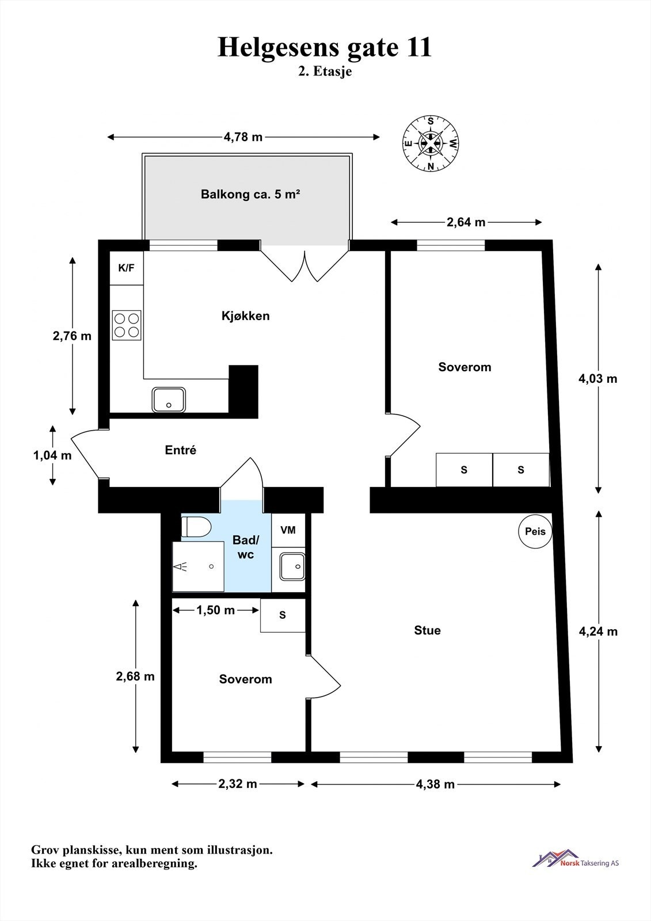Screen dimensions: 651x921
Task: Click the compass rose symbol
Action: [431, 143]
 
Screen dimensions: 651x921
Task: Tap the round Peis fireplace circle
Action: [535, 531]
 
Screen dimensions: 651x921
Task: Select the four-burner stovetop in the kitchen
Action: [127, 325]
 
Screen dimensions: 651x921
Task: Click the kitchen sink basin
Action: [169, 399]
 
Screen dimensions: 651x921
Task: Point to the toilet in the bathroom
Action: [196, 527]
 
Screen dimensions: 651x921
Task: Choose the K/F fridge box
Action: [126, 268]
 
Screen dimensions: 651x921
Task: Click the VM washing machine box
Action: [288, 530]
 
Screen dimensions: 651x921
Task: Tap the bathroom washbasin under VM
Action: [292, 566]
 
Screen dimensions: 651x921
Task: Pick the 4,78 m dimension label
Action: [243, 137]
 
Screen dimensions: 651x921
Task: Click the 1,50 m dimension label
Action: [215, 610]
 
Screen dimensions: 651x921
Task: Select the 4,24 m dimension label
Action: [599, 631]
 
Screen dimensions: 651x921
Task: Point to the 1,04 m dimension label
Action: [52, 455]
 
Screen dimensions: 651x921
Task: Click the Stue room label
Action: [427, 630]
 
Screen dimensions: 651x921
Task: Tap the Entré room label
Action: [181, 450]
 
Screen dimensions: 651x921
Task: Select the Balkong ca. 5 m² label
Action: [250, 194]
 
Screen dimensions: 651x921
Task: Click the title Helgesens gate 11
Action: [325, 47]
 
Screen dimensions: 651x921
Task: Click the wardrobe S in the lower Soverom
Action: [283, 615]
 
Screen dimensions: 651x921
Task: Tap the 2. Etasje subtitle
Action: [325, 71]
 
